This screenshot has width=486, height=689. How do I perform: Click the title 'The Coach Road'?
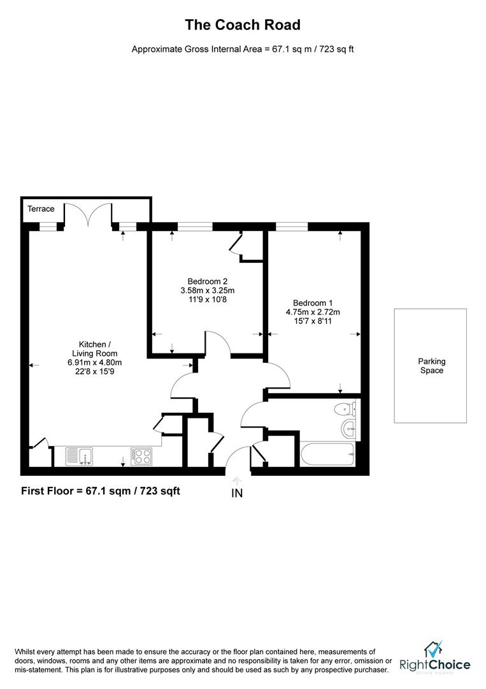coord(242,25)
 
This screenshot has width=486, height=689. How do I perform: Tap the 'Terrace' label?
coord(41,209)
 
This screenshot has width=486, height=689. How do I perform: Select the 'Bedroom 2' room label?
coord(207,281)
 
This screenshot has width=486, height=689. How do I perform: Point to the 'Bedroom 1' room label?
coord(313,303)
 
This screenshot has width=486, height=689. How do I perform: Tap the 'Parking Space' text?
coord(431,366)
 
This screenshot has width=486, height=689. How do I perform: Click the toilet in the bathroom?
coord(345,408)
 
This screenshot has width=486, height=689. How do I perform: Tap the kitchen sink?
coord(80,456)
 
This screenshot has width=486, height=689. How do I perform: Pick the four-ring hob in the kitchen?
coord(141,456)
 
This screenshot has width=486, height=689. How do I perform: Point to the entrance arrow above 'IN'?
coord(237,481)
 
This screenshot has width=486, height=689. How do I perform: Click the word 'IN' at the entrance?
coord(237,493)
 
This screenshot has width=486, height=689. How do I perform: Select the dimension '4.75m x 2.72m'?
coord(313,313)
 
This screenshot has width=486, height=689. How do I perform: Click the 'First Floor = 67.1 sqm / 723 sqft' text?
coord(101,491)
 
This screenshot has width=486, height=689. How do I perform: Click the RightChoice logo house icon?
coord(434,650)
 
